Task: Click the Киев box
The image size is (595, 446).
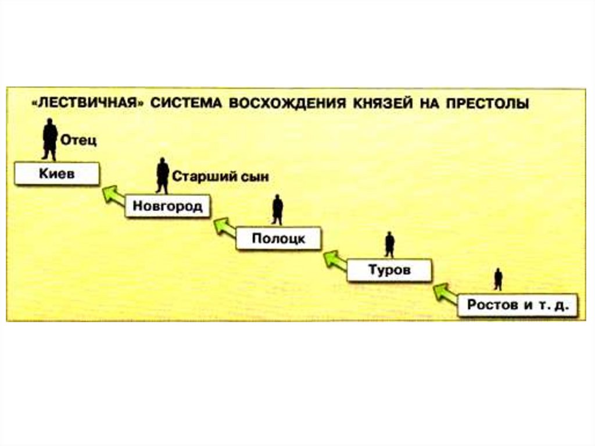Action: point(56,174)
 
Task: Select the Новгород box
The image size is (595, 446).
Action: point(167,207)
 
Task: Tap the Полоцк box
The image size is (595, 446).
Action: point(278,239)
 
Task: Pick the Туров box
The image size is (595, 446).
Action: point(389,270)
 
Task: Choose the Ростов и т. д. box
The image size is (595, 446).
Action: point(517,305)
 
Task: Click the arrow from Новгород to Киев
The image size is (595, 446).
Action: point(113,195)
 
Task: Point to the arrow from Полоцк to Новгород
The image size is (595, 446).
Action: point(224,227)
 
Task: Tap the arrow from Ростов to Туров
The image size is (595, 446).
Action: point(445,292)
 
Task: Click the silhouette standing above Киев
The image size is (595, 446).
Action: point(50,140)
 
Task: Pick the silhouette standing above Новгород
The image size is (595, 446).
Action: point(163,176)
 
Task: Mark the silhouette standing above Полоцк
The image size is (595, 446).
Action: point(278,210)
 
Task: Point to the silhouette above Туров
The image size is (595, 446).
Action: point(389,244)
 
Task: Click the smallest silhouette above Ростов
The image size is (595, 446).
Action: point(498,279)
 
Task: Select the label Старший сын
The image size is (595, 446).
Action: point(221,177)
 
